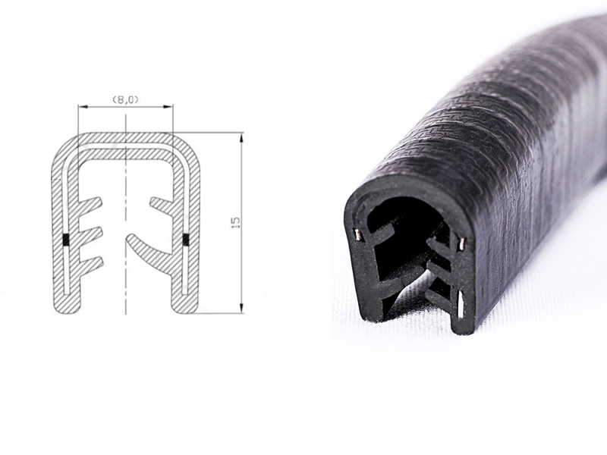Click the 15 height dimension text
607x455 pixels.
pos(236,222)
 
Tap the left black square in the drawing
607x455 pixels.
pos(65,240)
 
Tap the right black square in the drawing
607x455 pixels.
pos(185,240)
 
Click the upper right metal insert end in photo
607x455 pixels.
pos(459,243)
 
